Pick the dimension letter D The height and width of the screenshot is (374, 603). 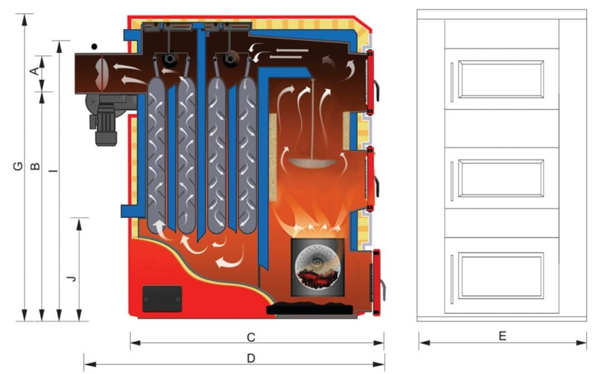click(251, 359)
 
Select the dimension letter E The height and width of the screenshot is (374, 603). click(503, 336)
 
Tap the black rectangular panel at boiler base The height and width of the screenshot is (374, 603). click(161, 298)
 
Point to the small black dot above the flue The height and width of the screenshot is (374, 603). click(95, 46)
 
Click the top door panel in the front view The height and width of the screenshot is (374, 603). click(500, 79)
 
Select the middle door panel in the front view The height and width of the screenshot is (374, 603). click(500, 178)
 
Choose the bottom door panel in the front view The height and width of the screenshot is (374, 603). click(500, 275)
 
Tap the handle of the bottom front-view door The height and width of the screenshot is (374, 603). click(452, 275)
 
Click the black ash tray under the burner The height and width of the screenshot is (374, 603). click(310, 310)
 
